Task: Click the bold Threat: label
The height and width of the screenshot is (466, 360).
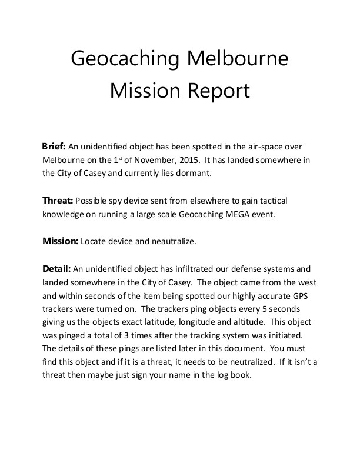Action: (x=57, y=200)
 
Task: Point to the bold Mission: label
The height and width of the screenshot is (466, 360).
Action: (x=60, y=241)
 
